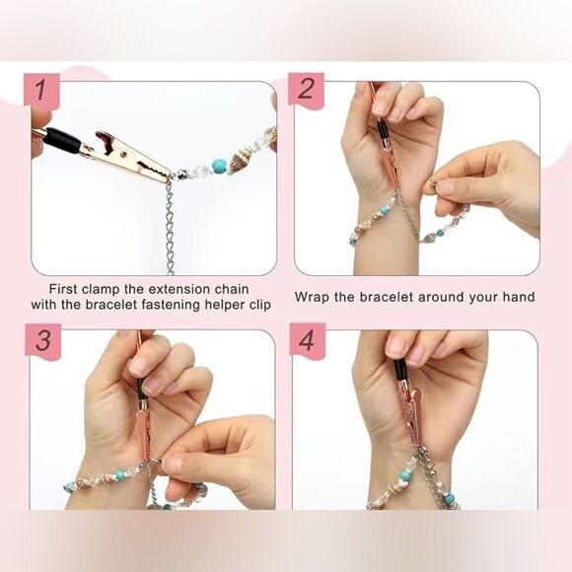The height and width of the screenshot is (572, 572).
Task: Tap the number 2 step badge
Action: coord(306,90)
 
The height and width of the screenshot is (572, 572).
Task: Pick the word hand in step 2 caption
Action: coord(516,297)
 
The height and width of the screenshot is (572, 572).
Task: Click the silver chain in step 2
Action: coord(408,223)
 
